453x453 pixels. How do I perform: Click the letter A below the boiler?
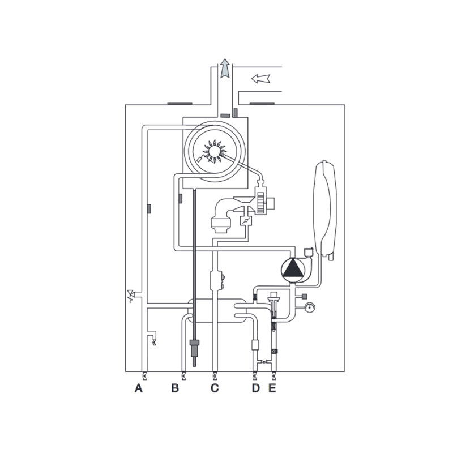coord(139,388)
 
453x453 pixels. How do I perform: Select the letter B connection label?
coord(175,388)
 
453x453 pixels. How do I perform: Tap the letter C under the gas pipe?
coord(215,388)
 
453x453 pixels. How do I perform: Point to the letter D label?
coord(256,388)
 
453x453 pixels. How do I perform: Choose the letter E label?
coord(272,388)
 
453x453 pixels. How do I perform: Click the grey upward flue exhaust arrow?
coord(225,69)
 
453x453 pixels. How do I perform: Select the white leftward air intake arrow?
coord(260,79)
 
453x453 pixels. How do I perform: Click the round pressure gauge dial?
coord(310,307)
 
